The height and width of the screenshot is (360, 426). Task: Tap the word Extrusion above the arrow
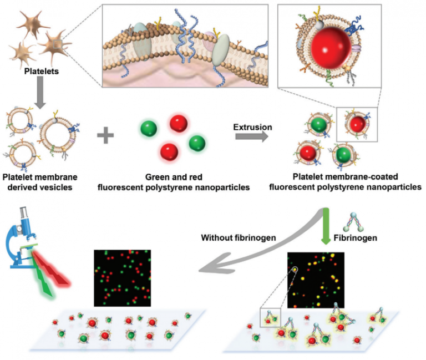click(x=252, y=127)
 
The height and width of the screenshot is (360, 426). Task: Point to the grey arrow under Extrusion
click(x=253, y=137)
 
